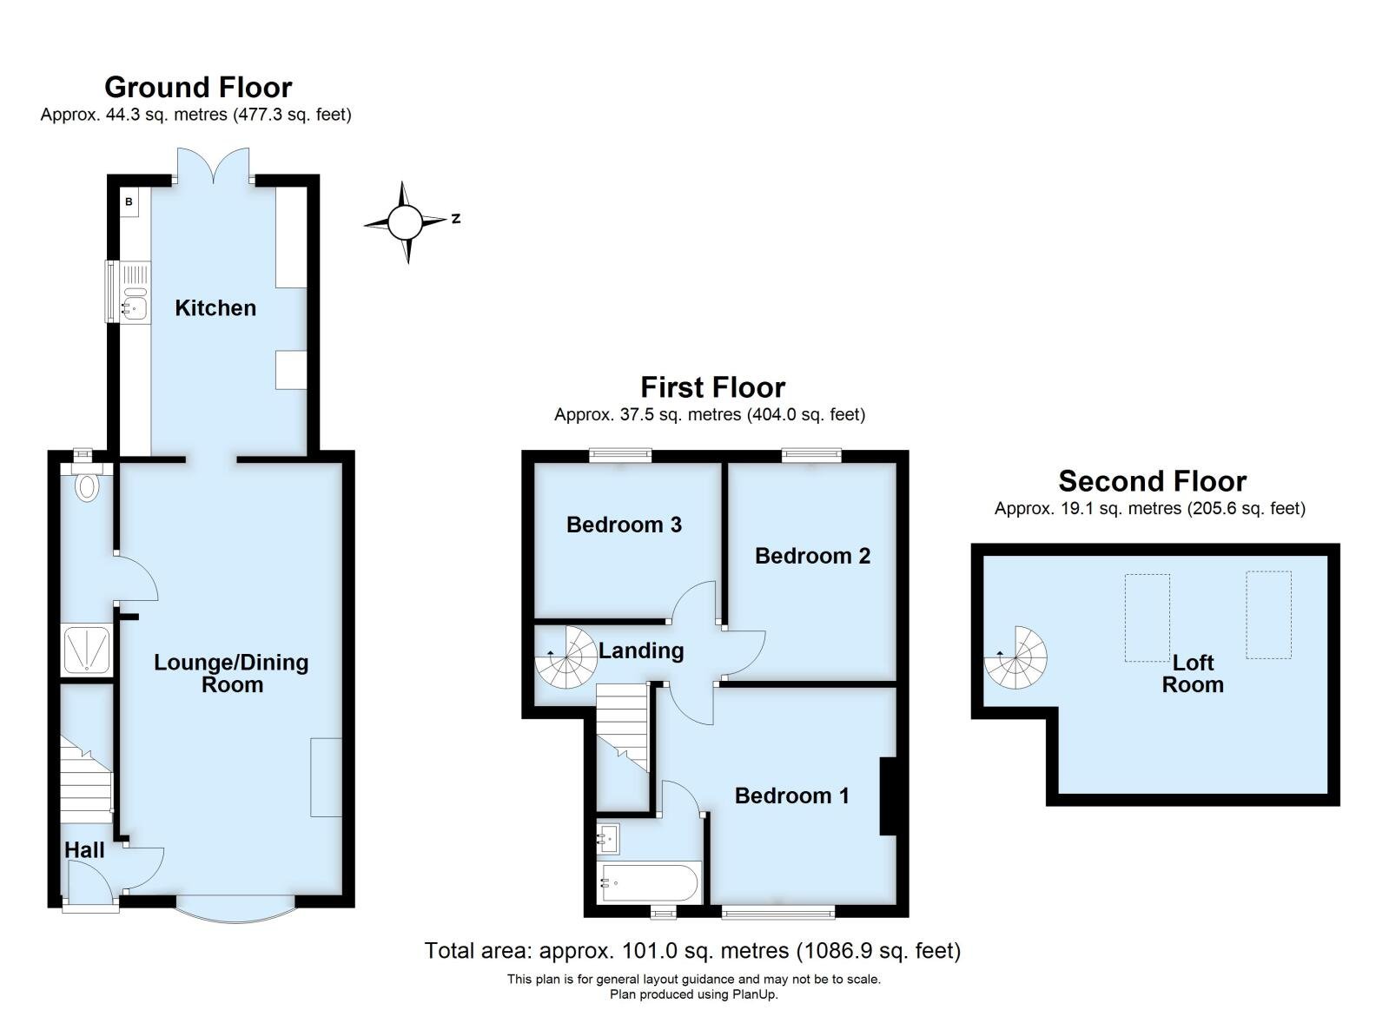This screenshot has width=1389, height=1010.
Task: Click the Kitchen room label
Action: pyautogui.click(x=215, y=307)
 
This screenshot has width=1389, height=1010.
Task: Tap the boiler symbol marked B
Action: pyautogui.click(x=129, y=202)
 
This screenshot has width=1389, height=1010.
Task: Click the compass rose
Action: pyautogui.click(x=405, y=222)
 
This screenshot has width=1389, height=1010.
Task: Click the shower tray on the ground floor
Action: pyautogui.click(x=87, y=649)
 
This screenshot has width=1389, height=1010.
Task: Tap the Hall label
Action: pyautogui.click(x=84, y=849)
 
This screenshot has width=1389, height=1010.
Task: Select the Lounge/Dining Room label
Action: pyautogui.click(x=231, y=673)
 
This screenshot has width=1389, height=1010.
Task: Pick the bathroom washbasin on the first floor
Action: pyautogui.click(x=607, y=839)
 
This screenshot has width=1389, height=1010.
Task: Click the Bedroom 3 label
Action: pyautogui.click(x=624, y=525)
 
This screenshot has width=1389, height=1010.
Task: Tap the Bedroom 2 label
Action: pyautogui.click(x=812, y=556)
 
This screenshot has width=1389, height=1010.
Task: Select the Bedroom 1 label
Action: pyautogui.click(x=791, y=795)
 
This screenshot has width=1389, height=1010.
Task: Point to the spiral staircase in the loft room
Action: pyautogui.click(x=1015, y=658)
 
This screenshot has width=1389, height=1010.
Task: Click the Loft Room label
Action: pyautogui.click(x=1193, y=673)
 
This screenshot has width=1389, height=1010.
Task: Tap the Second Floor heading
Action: pyautogui.click(x=1152, y=481)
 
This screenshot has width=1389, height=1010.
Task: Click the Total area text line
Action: pyautogui.click(x=692, y=951)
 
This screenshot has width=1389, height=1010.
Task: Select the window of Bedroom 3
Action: pyautogui.click(x=620, y=454)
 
